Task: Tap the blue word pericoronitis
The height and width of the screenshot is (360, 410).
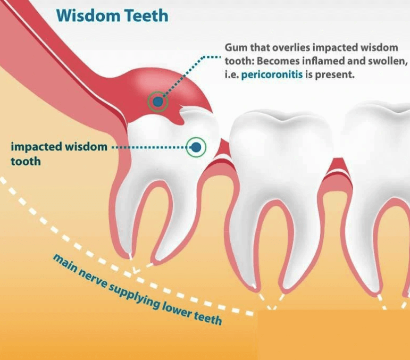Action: (x=272, y=75)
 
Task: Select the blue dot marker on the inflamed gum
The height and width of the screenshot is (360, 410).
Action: (x=157, y=100)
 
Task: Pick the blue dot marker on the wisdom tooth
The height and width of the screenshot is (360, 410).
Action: (x=196, y=147)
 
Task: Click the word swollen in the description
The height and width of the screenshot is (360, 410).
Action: (x=383, y=61)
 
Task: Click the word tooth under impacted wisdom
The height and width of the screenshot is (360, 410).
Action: (x=26, y=160)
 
